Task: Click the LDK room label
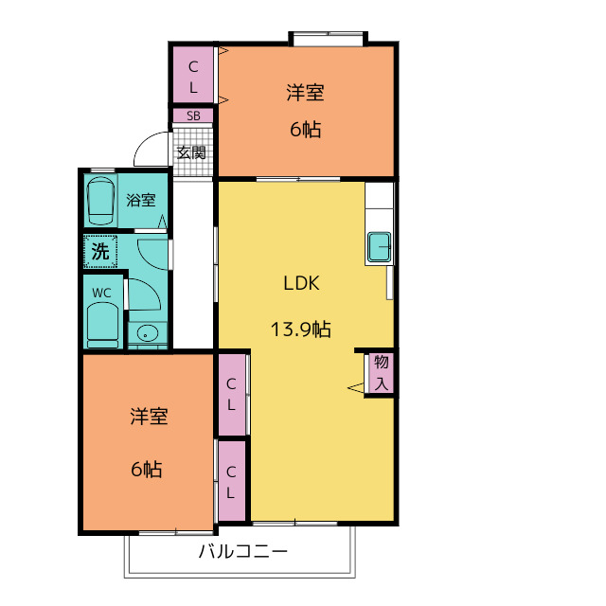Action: click(301, 283)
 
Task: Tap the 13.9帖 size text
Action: click(301, 330)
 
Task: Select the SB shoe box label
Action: click(193, 116)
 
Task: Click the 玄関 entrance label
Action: click(191, 152)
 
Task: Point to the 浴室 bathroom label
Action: click(141, 200)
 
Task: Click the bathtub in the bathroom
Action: click(100, 201)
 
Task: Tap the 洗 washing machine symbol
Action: click(100, 251)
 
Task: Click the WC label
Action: click(101, 293)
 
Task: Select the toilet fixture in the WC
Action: click(103, 325)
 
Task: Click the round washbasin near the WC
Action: click(148, 332)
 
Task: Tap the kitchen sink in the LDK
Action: click(379, 246)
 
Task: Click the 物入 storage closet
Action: click(381, 373)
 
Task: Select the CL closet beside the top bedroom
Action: click(193, 75)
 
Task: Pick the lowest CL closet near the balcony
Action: click(231, 481)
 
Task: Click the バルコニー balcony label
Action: click(243, 551)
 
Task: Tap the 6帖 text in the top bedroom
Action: click(305, 129)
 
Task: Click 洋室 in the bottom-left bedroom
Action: click(149, 417)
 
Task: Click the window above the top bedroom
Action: click(329, 39)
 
